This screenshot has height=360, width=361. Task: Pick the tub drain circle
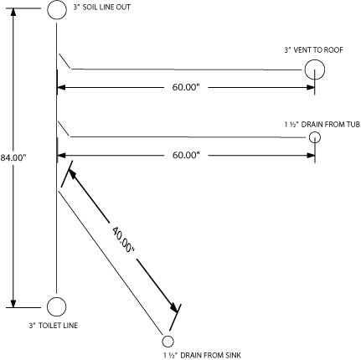pos(315,132)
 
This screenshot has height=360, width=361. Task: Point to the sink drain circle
pos(168,336)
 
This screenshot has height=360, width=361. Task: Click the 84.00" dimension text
pos(13,157)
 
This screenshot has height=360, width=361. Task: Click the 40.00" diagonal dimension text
pos(123,239)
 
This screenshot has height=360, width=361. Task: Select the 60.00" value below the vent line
pos(186,87)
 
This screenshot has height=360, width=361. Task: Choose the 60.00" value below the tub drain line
pos(186,155)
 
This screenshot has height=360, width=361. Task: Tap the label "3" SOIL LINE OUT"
pos(102,8)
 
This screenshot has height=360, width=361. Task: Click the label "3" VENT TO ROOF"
pos(313,50)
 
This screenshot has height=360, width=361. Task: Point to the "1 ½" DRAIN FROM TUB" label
pos(322,124)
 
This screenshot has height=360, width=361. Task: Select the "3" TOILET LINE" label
pos(54,326)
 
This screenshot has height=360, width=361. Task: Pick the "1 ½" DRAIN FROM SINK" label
pos(202,355)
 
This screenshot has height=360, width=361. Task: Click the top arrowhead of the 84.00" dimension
pos(13,13)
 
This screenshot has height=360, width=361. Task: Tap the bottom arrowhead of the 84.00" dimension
pos(13,303)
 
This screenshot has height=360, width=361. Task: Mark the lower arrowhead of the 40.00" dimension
pos(173,307)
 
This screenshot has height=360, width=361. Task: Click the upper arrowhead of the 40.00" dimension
pos(72,174)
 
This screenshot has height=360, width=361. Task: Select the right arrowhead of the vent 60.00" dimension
pos(311,87)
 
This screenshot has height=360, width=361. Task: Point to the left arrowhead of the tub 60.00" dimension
pos(61,155)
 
